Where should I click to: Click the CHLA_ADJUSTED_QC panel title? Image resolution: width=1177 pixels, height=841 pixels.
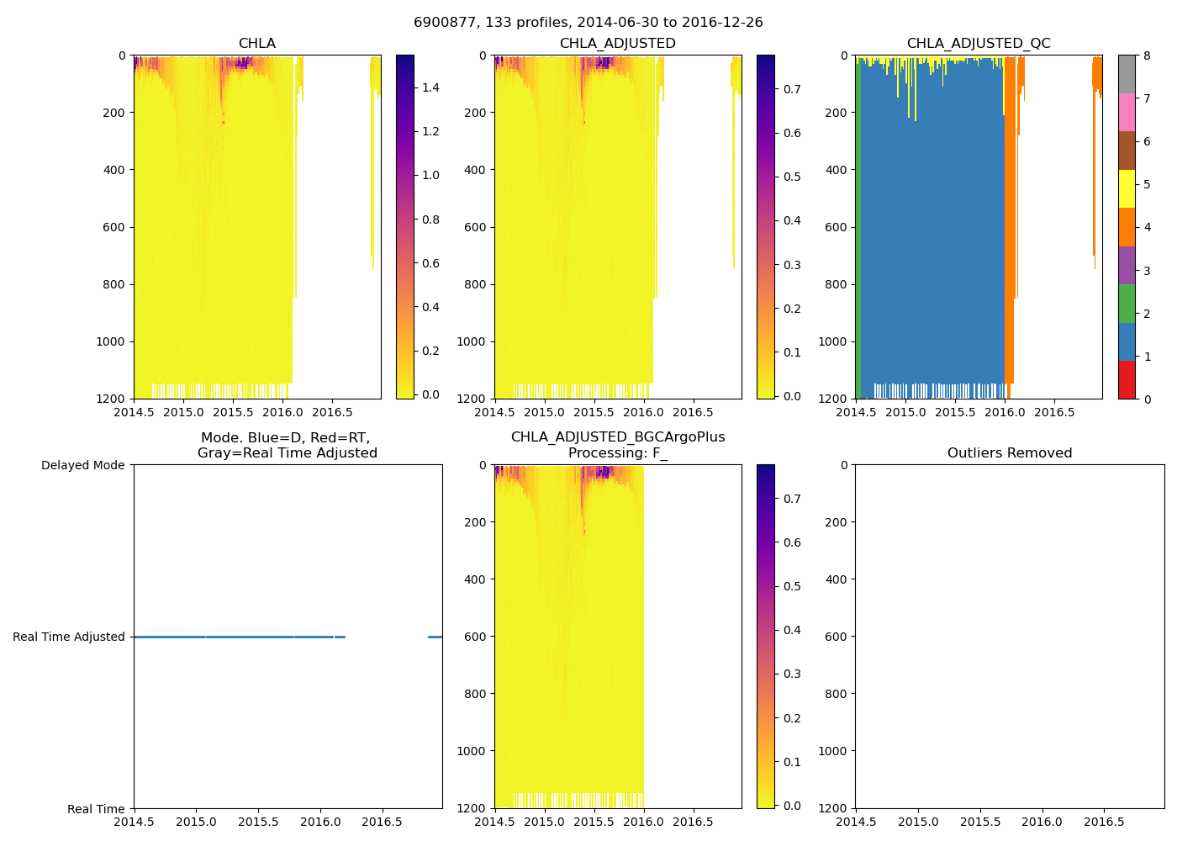[x=979, y=44]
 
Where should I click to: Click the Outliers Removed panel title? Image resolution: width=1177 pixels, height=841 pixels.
[x=1010, y=453]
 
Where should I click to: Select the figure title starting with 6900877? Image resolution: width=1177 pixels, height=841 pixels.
[x=588, y=23]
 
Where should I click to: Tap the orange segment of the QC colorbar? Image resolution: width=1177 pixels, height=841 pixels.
[x=1127, y=227]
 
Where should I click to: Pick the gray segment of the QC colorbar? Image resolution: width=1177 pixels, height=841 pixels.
[x=1127, y=74]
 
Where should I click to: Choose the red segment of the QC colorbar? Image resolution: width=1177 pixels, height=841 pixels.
[x=1127, y=380]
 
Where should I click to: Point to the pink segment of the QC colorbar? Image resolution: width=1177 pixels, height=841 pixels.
[x=1127, y=113]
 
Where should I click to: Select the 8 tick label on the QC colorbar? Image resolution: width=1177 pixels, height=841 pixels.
[x=1147, y=56]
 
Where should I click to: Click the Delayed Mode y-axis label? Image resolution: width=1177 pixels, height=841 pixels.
[x=82, y=465]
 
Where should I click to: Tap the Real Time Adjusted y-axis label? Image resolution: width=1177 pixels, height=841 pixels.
[x=69, y=637]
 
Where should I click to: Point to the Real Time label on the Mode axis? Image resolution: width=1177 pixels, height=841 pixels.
[x=96, y=809]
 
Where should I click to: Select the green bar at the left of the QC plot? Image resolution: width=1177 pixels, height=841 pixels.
[x=858, y=227]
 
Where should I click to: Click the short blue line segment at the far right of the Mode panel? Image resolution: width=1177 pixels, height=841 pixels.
[x=435, y=637]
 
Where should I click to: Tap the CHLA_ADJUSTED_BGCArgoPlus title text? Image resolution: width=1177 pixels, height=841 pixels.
[x=618, y=437]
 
